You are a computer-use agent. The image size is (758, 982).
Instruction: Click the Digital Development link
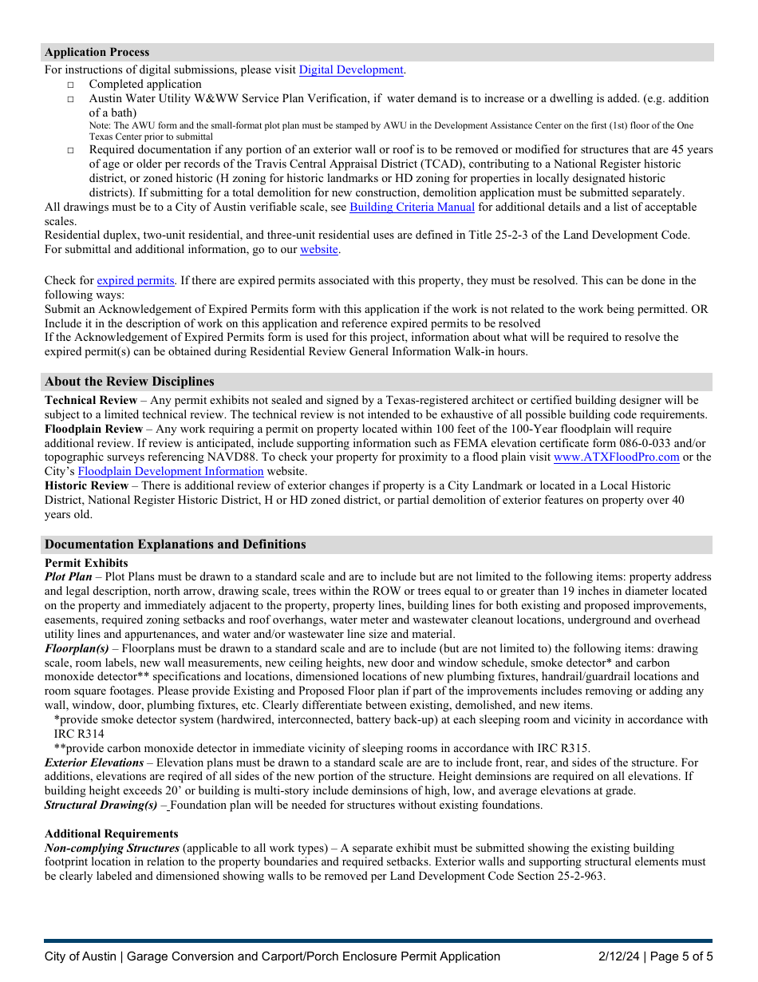pyautogui.click(x=351, y=70)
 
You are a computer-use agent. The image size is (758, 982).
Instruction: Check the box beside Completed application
pyautogui.click(x=70, y=85)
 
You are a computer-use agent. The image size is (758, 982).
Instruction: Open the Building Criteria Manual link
pyautogui.click(x=412, y=208)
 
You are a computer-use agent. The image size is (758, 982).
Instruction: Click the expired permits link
pyautogui.click(x=136, y=281)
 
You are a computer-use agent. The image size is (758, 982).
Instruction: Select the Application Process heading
pyautogui.click(x=97, y=53)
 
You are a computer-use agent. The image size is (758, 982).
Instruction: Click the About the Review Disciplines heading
pyautogui.click(x=129, y=382)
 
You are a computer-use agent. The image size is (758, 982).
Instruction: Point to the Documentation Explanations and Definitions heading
pyautogui.click(x=176, y=544)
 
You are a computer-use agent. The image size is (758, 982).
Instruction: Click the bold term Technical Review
pyautogui.click(x=91, y=400)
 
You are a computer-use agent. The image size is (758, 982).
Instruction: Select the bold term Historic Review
pyautogui.click(x=86, y=486)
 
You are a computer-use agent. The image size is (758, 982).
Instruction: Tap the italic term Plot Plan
pyautogui.click(x=69, y=576)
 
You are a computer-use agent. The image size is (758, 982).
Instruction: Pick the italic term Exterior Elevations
pyautogui.click(x=94, y=763)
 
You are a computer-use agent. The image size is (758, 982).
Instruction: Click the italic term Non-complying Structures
pyautogui.click(x=112, y=848)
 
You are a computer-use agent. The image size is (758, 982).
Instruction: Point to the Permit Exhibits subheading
pyautogui.click(x=86, y=563)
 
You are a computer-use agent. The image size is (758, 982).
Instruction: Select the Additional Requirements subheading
pyautogui.click(x=111, y=834)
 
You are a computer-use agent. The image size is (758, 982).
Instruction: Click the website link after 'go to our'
pyautogui.click(x=318, y=250)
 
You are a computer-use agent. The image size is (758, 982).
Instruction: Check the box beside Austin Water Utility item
pyautogui.click(x=70, y=99)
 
